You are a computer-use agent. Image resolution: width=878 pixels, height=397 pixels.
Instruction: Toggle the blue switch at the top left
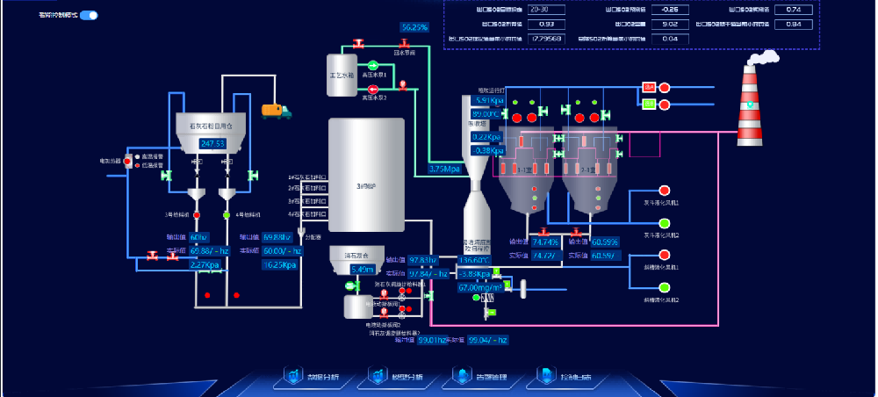point(89,15)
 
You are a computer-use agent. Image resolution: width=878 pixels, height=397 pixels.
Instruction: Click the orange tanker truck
point(276,111)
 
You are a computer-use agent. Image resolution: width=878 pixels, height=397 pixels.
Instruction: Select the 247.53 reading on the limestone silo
point(213,143)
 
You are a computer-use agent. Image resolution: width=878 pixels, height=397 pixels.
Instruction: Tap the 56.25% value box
point(414,28)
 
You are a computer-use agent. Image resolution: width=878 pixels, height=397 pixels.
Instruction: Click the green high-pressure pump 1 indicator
point(373,65)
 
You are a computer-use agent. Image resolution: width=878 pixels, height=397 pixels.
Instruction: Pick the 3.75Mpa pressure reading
point(446,169)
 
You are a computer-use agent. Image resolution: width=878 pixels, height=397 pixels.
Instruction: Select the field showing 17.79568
point(548,39)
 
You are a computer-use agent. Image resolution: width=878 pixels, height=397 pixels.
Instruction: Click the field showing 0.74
point(794,10)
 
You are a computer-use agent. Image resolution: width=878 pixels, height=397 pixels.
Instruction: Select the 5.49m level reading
point(363,270)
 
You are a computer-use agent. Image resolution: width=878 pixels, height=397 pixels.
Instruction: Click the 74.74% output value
point(545,242)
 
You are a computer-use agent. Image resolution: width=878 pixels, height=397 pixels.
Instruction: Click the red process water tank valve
point(358,44)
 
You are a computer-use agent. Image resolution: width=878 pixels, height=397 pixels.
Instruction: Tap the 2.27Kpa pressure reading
point(205,264)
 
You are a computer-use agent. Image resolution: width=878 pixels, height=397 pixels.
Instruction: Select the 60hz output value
point(198,237)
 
